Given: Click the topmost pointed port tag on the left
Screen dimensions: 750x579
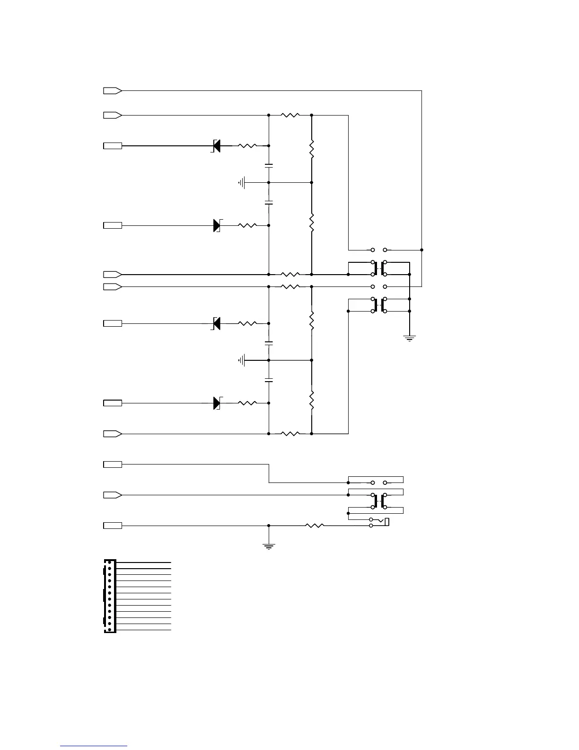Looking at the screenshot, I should click(113, 90).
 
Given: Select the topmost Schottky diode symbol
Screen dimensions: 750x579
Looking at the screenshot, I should click(216, 146).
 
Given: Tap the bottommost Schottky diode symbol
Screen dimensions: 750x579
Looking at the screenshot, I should click(217, 403).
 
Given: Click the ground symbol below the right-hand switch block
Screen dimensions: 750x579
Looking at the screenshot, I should click(410, 338).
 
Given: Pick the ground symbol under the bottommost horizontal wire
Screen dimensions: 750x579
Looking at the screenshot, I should click(269, 546).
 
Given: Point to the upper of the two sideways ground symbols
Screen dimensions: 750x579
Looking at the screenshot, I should click(243, 182).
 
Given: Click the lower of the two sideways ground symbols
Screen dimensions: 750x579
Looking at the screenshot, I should click(243, 361).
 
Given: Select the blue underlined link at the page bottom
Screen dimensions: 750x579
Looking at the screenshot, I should click(94, 746).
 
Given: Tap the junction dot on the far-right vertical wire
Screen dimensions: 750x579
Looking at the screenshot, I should click(421, 250).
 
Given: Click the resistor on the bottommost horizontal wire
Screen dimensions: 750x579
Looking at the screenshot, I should click(314, 526).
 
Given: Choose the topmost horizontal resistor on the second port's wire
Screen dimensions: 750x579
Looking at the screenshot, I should click(290, 115).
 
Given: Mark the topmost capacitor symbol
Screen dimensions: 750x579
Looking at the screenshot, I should click(269, 166).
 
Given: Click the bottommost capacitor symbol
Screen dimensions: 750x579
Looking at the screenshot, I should click(269, 380).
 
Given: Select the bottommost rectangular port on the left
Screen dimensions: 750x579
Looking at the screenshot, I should click(113, 526).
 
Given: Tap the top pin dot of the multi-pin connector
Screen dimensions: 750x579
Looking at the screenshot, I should click(110, 562).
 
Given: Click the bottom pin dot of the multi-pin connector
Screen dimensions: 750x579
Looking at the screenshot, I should click(110, 630).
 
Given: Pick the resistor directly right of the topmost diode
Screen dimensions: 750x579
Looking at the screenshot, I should click(247, 146).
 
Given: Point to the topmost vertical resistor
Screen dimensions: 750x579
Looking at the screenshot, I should click(312, 149).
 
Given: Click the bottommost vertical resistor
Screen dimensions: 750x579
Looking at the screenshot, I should click(312, 400).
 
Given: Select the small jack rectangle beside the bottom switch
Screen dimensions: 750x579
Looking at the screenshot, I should click(387, 522).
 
